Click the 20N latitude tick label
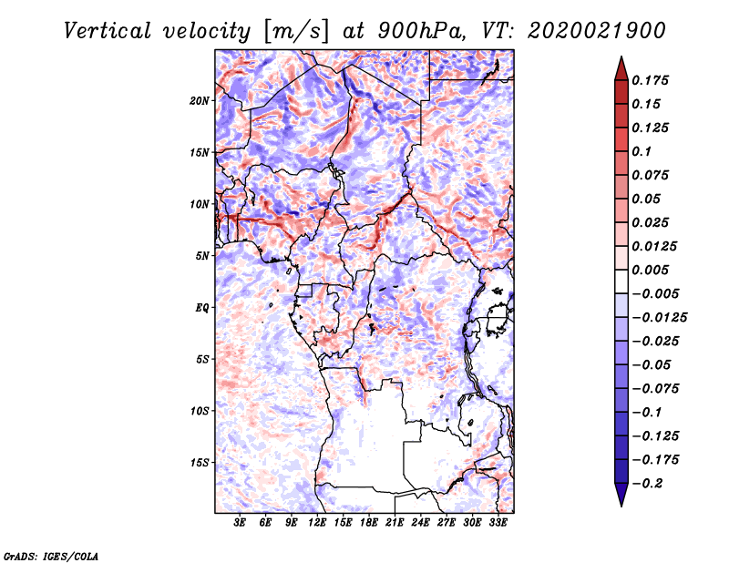pos(200,100)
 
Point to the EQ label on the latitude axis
pos(202,308)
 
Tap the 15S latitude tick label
pos(200,463)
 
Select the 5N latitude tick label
pos(202,256)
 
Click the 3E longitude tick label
pos(241,524)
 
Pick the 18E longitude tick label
pos(369,524)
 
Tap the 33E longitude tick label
pos(498,524)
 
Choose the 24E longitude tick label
pos(421,524)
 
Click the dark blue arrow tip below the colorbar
pos(621,498)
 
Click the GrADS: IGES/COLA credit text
pos(50,555)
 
